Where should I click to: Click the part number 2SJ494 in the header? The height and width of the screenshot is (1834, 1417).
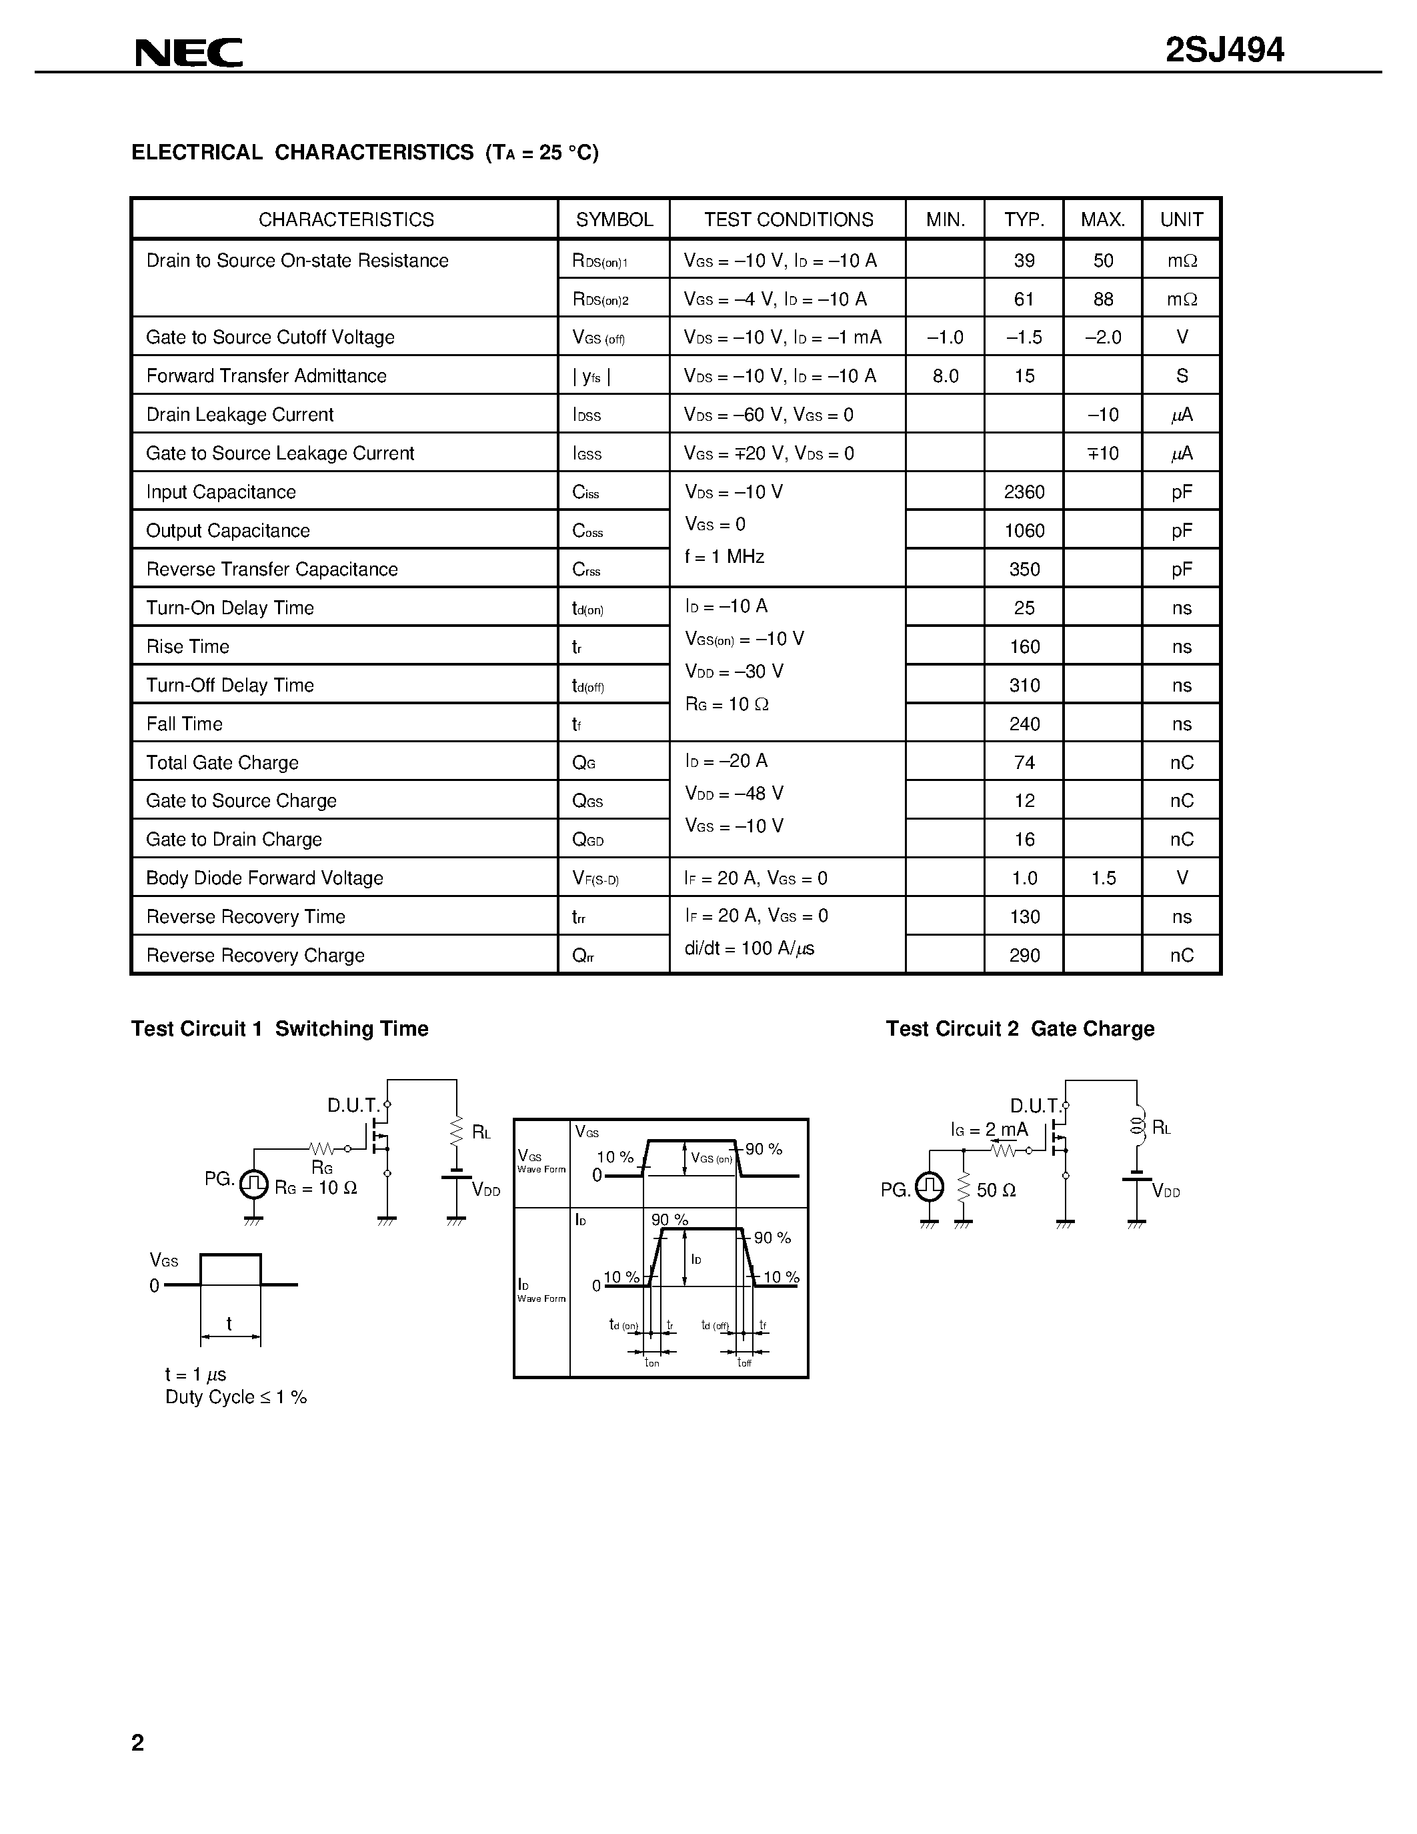pyautogui.click(x=1224, y=51)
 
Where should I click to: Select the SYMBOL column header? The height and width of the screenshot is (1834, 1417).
pyautogui.click(x=613, y=220)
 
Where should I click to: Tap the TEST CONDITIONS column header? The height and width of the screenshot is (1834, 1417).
pyautogui.click(x=788, y=220)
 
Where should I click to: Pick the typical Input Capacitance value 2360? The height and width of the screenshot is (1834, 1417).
pyautogui.click(x=1024, y=492)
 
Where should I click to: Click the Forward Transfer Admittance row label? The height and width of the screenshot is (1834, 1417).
pyautogui.click(x=266, y=376)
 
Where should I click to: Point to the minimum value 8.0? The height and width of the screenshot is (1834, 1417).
pyautogui.click(x=946, y=376)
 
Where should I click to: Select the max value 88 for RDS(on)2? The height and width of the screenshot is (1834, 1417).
pyautogui.click(x=1103, y=299)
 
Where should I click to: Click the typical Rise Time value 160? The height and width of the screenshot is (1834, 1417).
pyautogui.click(x=1024, y=647)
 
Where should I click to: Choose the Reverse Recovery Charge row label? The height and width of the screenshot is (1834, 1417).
pyautogui.click(x=255, y=956)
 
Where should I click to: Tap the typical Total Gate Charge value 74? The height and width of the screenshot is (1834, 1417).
pyautogui.click(x=1024, y=762)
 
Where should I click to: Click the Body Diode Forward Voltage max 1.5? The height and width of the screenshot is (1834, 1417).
pyautogui.click(x=1103, y=878)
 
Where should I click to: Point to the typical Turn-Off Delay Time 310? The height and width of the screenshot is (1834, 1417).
pyautogui.click(x=1024, y=685)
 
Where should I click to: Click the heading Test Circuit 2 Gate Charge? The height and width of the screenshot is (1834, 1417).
pyautogui.click(x=1020, y=1028)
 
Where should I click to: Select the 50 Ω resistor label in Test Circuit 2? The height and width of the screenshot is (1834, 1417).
pyautogui.click(x=996, y=1190)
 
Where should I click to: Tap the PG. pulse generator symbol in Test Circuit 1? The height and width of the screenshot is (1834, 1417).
pyautogui.click(x=253, y=1184)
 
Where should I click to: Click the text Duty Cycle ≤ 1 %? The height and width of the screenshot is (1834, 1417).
pyautogui.click(x=236, y=1397)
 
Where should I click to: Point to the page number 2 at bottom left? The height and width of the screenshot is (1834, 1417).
pyautogui.click(x=137, y=1743)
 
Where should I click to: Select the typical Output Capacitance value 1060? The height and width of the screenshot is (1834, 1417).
pyautogui.click(x=1024, y=531)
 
